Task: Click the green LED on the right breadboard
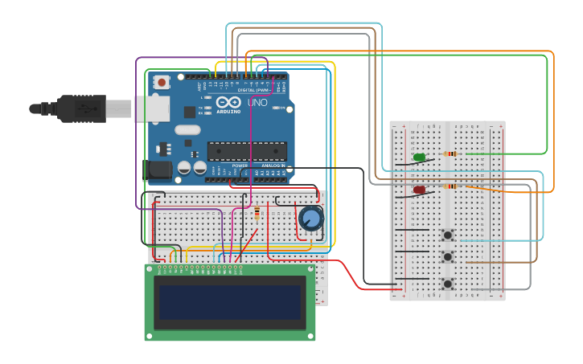[419, 157]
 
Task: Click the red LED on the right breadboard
[419, 190]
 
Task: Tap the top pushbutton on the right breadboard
[447, 235]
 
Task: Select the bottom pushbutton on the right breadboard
[447, 284]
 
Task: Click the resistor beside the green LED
[450, 153]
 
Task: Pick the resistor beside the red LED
[450, 186]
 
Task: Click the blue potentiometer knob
[310, 218]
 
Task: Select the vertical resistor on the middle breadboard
[257, 214]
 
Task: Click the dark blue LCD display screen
[230, 302]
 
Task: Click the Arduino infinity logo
[228, 104]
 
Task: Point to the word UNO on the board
[257, 103]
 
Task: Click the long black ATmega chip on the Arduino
[247, 151]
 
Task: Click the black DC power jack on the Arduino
[158, 170]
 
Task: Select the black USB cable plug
[81, 108]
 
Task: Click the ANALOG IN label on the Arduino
[273, 166]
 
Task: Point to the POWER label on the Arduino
[240, 166]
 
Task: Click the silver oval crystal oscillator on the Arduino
[187, 129]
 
